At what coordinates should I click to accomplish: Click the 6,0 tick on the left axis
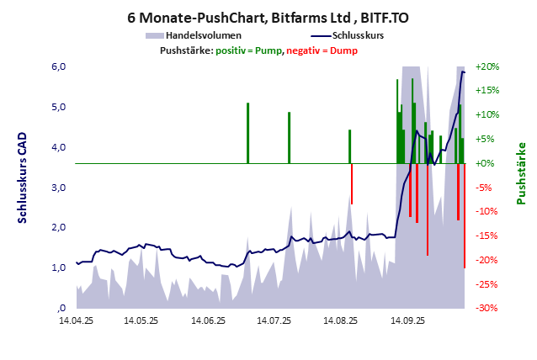(x=57, y=66)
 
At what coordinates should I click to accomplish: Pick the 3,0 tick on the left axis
(x=57, y=188)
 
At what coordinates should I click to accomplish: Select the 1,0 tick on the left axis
(x=57, y=268)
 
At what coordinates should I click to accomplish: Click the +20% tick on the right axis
(x=487, y=66)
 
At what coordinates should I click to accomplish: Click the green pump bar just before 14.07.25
(x=247, y=133)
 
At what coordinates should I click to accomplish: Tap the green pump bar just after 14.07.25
(x=289, y=137)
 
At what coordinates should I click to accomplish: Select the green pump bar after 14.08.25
(x=349, y=146)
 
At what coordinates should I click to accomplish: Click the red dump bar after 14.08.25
(x=352, y=183)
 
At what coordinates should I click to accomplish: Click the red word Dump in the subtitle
(x=343, y=50)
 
